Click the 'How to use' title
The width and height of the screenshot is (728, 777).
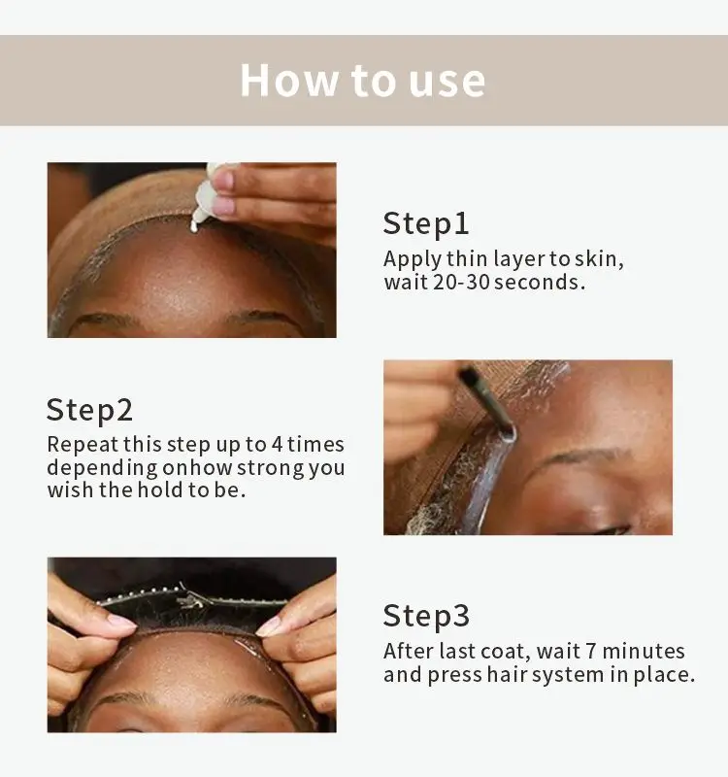tap(362, 81)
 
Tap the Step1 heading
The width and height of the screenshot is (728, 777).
tap(426, 224)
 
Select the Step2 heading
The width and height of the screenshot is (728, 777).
tap(89, 410)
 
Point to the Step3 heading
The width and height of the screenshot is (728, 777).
tap(426, 616)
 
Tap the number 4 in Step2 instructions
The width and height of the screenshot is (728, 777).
tap(277, 444)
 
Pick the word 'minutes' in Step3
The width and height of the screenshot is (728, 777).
tap(644, 651)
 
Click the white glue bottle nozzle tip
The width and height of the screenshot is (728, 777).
tap(193, 227)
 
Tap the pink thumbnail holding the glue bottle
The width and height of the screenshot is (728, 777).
tap(223, 180)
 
